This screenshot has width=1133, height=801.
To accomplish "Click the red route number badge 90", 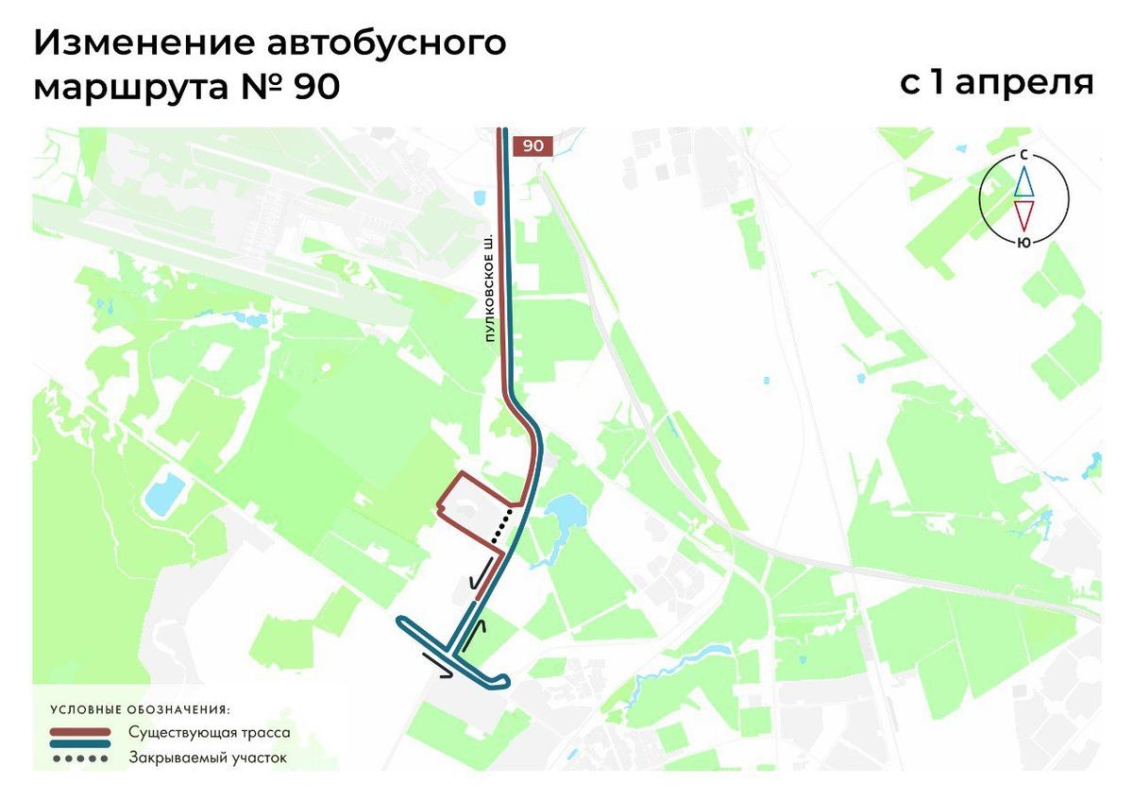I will coord(533,145).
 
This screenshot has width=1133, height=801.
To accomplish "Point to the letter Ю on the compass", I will coord(1023,242).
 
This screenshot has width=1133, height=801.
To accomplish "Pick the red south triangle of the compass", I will coord(1023,215).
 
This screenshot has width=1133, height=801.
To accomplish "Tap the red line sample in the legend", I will coord(80,732).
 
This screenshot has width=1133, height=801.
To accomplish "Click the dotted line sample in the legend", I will coord(80,758).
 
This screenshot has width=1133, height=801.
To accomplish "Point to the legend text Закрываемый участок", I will coord(207,758).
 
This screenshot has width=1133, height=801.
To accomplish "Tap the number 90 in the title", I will coord(315,87).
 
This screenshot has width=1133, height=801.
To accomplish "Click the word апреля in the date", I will coord(1024,83).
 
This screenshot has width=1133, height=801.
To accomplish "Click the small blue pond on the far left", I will coord(165,492).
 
